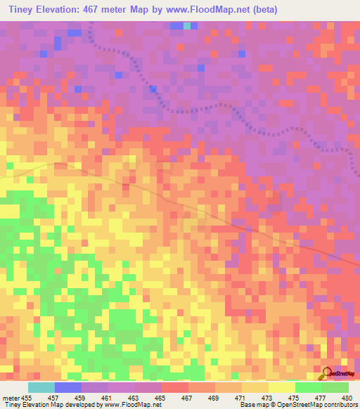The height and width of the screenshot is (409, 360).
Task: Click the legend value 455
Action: click(26, 398)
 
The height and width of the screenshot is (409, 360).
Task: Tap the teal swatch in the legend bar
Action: click(41, 387)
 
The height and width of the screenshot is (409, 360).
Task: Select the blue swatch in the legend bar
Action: click(68, 387)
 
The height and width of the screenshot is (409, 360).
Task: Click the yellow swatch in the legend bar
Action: click(282, 387)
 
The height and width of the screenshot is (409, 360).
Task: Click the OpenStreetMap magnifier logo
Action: click(326, 372)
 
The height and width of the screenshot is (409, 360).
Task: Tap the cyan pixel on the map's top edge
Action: click(187, 25)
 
